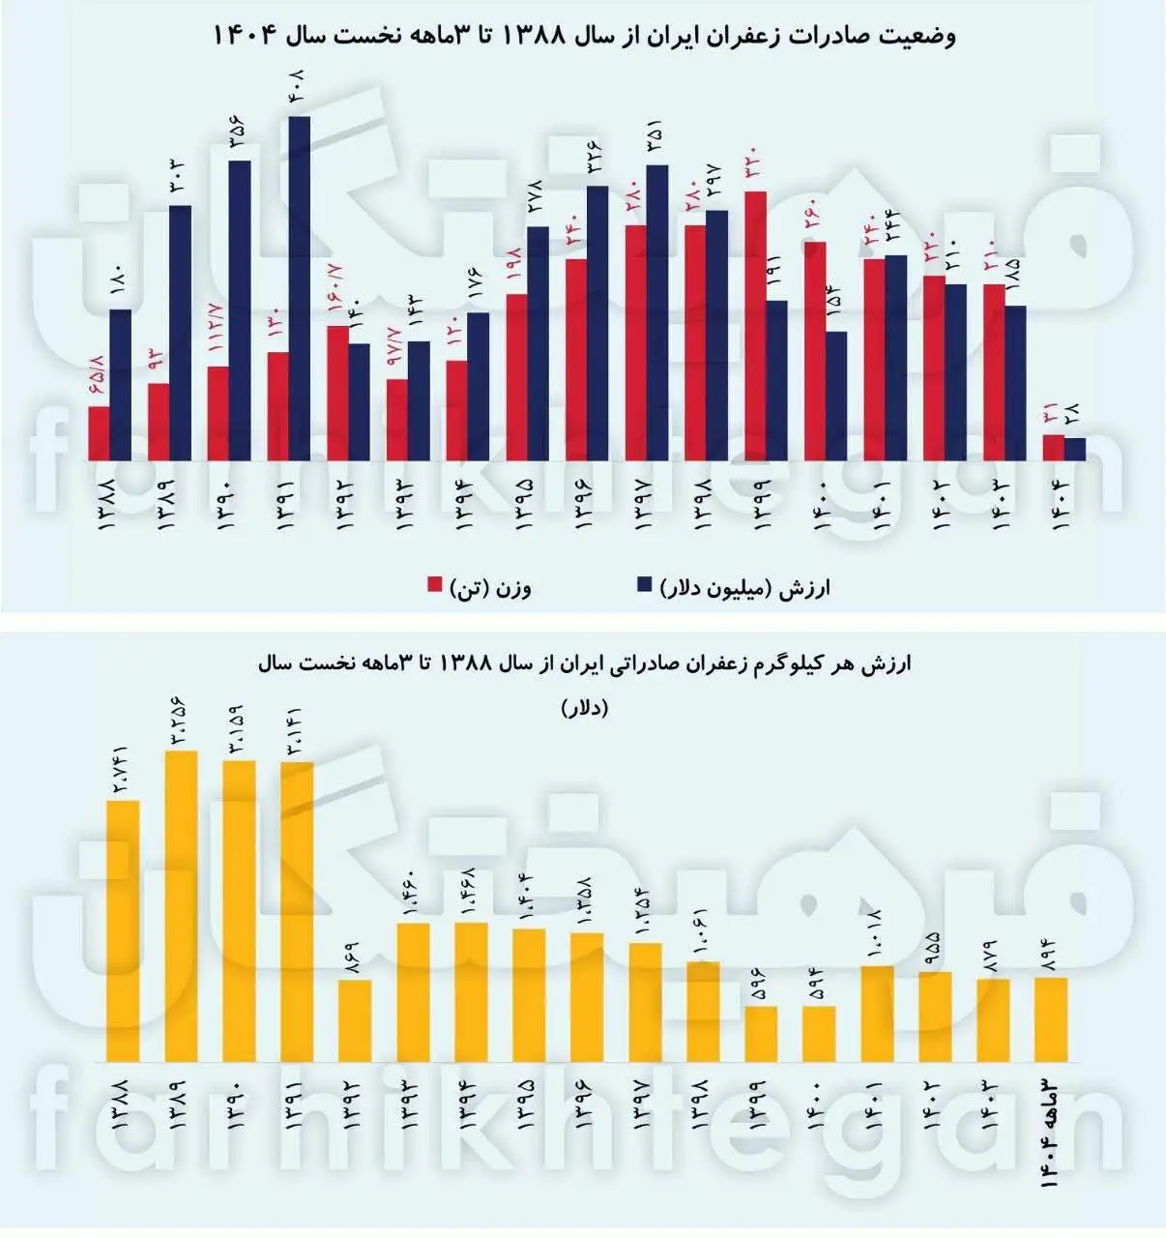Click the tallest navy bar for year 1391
[299, 288]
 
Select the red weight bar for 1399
[756, 326]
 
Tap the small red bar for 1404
[1053, 448]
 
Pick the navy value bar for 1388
[120, 385]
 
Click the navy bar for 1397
[656, 312]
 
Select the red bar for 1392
[337, 393]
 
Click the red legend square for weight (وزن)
[434, 586]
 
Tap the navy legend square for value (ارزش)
[645, 586]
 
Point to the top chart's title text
[584, 37]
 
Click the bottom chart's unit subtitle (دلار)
[584, 708]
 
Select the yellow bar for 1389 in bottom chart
[182, 906]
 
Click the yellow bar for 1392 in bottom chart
[355, 1020]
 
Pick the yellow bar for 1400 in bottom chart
[819, 1034]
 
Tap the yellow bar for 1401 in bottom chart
[877, 1014]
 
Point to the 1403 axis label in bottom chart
[993, 1099]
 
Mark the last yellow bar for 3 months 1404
[1051, 1019]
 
